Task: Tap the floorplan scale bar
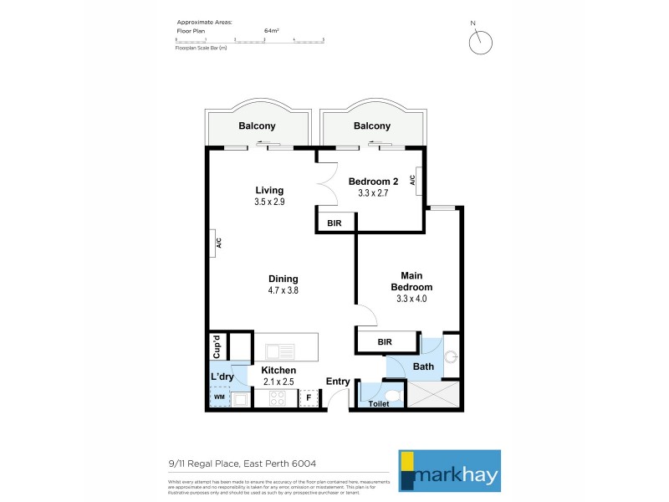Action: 248,39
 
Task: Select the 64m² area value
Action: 271,30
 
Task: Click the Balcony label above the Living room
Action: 257,126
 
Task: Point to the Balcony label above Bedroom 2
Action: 371,126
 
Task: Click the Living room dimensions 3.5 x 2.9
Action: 269,202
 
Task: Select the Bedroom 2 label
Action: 373,182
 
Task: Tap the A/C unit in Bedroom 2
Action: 415,181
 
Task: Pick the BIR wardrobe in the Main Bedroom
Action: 386,342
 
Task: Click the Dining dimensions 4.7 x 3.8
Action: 283,290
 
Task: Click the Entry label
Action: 338,382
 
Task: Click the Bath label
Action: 423,366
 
